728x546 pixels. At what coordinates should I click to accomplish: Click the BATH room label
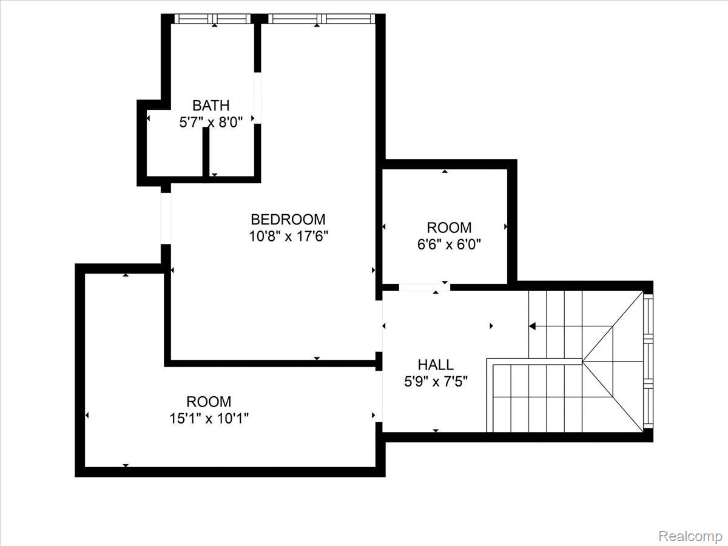pyautogui.click(x=211, y=106)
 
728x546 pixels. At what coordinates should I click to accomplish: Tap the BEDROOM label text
pyautogui.click(x=288, y=220)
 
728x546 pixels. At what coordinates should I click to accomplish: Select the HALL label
pyautogui.click(x=436, y=365)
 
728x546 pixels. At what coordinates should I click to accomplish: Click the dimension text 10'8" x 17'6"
pyautogui.click(x=289, y=237)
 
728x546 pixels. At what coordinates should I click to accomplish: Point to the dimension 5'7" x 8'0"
pyautogui.click(x=211, y=123)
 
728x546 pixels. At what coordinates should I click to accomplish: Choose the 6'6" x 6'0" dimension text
pyautogui.click(x=449, y=244)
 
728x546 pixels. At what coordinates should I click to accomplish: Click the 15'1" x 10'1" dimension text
pyautogui.click(x=209, y=419)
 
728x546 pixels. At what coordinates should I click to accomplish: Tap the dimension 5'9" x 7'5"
pyautogui.click(x=436, y=382)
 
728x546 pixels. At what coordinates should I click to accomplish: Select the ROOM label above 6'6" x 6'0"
pyautogui.click(x=449, y=227)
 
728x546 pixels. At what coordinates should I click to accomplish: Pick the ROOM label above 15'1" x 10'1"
pyautogui.click(x=209, y=402)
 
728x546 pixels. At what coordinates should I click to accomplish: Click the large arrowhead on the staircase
pyautogui.click(x=532, y=326)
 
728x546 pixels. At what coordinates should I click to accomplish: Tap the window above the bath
pyautogui.click(x=212, y=19)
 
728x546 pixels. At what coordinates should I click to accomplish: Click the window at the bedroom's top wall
pyautogui.click(x=322, y=19)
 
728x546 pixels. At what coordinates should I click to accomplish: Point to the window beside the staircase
pyautogui.click(x=648, y=362)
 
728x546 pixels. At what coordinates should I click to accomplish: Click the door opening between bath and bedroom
pyautogui.click(x=257, y=98)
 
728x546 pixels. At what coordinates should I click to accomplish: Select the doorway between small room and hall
pyautogui.click(x=425, y=287)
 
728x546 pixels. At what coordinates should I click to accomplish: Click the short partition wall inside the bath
pyautogui.click(x=206, y=152)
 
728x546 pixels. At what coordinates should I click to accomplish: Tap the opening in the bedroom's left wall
pyautogui.click(x=166, y=218)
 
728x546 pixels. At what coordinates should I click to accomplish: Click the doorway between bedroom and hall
pyautogui.click(x=379, y=326)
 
